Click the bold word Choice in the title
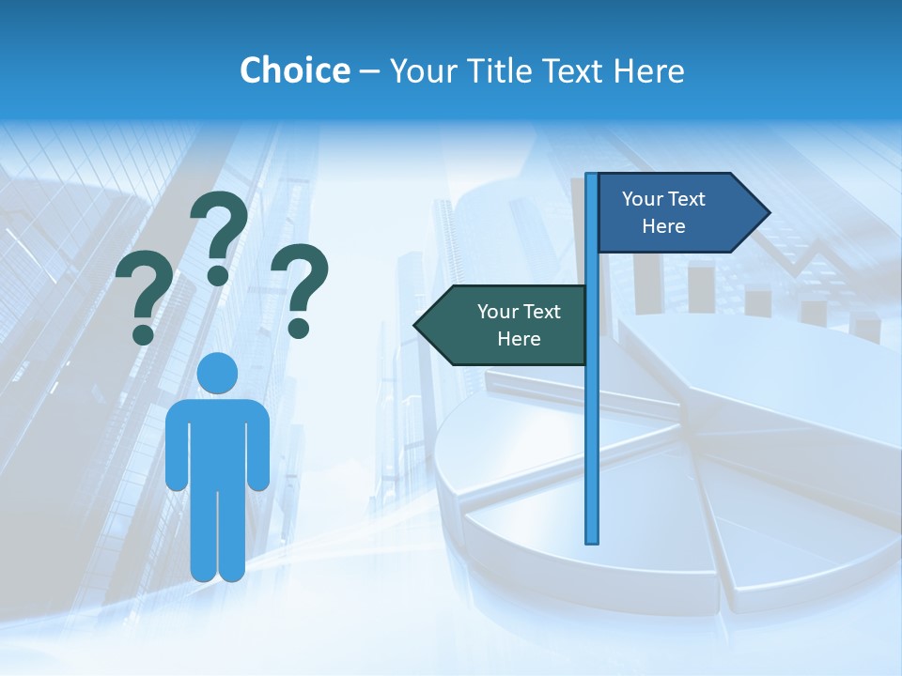click(294, 70)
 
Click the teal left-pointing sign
click(507, 325)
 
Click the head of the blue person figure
click(217, 373)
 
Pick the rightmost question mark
click(300, 289)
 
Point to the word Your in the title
click(422, 70)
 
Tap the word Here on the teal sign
click(519, 339)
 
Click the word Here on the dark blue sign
click(663, 226)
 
